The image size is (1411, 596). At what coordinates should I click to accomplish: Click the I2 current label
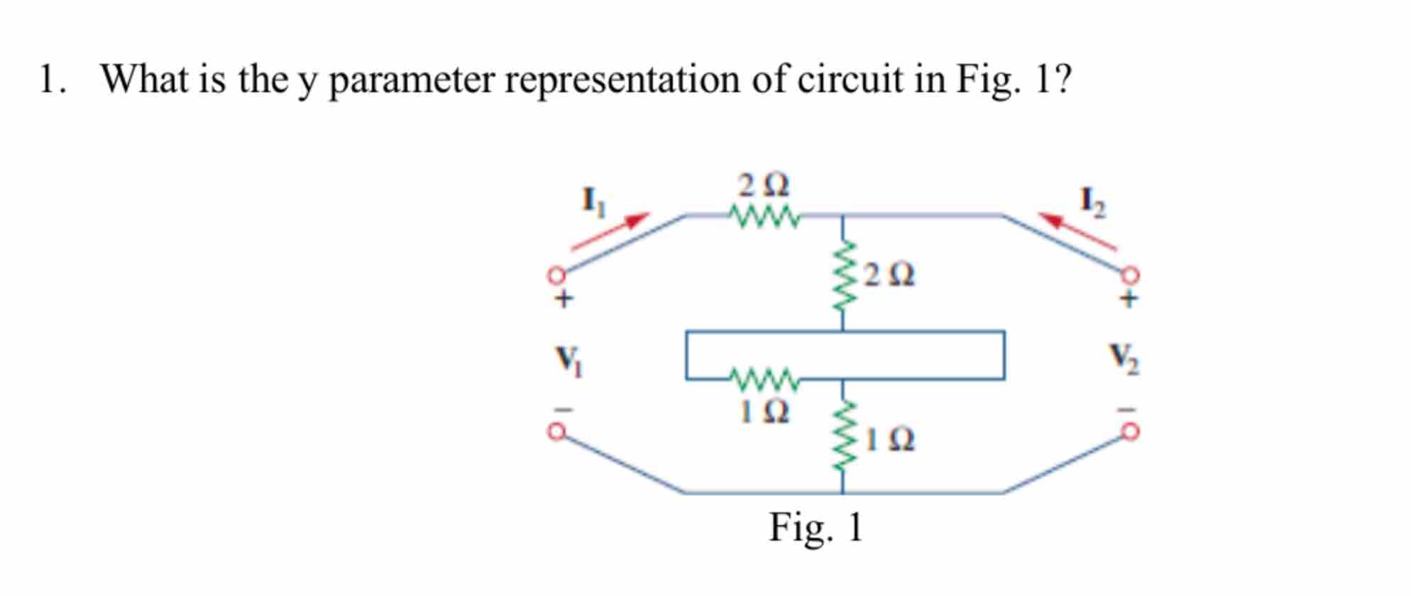pyautogui.click(x=1092, y=203)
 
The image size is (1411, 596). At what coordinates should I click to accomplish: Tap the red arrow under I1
pyautogui.click(x=610, y=231)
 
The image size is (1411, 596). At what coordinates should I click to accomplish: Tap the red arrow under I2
pyautogui.click(x=1077, y=231)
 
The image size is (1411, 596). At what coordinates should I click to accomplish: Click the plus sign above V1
pyautogui.click(x=563, y=299)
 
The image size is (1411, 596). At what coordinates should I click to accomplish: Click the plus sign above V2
pyautogui.click(x=1128, y=299)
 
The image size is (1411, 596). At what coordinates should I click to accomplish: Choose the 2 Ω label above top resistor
pyautogui.click(x=763, y=186)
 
